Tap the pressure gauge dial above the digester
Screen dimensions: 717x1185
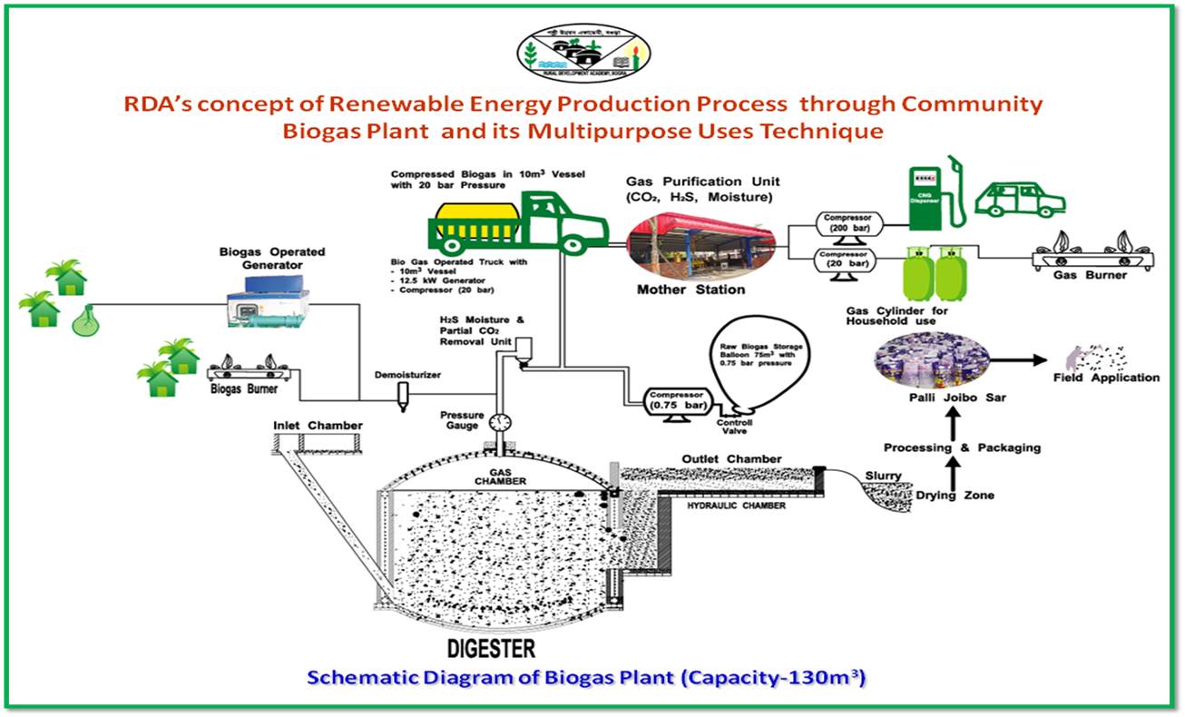tap(499, 422)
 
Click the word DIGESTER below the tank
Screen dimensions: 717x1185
tap(491, 648)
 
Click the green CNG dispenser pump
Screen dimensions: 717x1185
tap(934, 196)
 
